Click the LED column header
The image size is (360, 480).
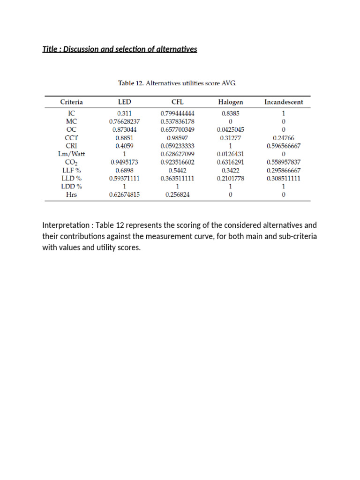pos(125,102)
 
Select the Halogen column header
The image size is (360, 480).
pos(230,102)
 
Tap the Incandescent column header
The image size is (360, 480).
pos(284,102)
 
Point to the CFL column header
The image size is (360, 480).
pos(177,102)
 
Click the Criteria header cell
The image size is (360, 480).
pos(72,102)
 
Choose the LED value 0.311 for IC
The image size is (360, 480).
pos(125,113)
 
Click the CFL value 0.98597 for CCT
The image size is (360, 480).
pos(177,138)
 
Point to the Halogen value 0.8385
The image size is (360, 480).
pos(230,113)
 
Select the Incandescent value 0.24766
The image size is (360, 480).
pos(284,138)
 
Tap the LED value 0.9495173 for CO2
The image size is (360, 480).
pos(125,162)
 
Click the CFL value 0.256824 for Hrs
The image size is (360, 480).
pos(177,195)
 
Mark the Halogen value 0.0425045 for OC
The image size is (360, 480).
pos(230,129)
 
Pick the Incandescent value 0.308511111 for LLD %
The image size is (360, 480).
pos(284,179)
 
